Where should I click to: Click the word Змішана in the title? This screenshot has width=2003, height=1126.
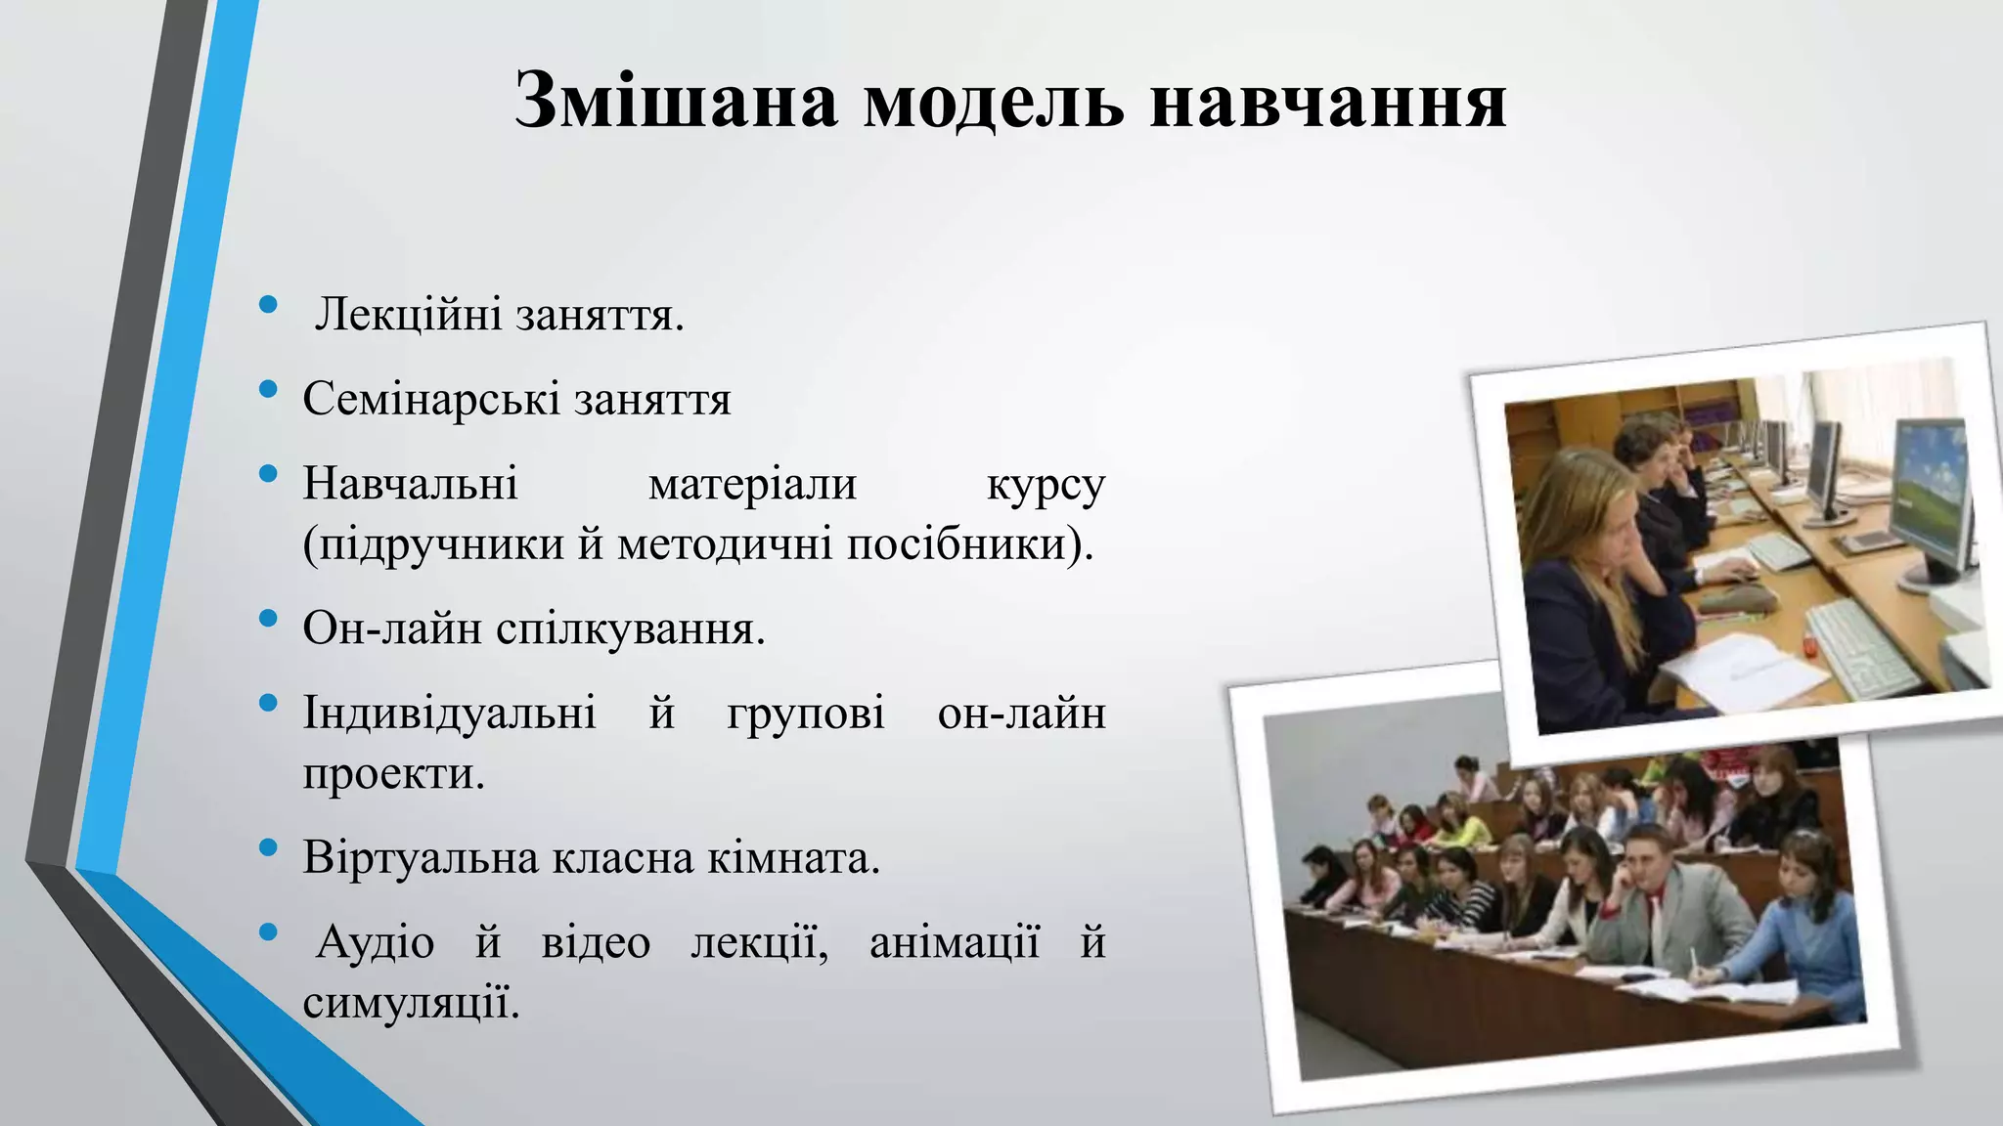click(675, 101)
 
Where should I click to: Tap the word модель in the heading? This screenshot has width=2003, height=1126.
click(993, 101)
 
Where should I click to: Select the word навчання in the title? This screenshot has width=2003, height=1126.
click(1327, 101)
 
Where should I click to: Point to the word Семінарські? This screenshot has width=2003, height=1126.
click(431, 399)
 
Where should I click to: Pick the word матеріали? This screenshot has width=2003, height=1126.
click(752, 484)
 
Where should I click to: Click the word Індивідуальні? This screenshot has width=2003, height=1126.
click(449, 713)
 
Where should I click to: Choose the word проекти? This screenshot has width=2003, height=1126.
click(393, 773)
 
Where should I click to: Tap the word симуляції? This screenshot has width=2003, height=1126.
click(411, 1003)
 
